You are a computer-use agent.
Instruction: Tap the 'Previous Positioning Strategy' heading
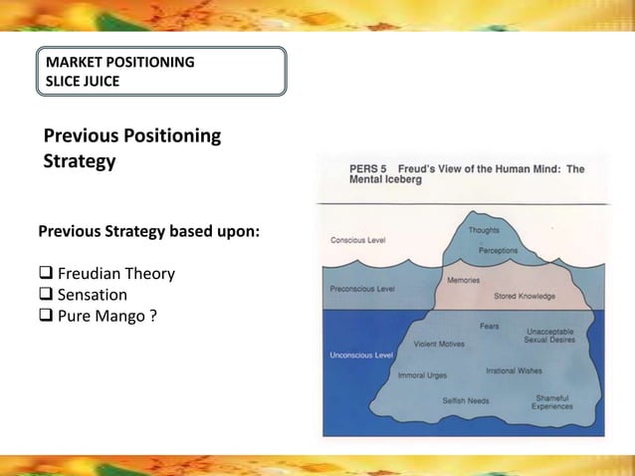(131, 147)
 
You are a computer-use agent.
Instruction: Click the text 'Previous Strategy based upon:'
(149, 232)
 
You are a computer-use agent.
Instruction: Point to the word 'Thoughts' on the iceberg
(485, 231)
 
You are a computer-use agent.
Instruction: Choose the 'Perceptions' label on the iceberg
(498, 250)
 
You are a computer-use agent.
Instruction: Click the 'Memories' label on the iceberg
(464, 280)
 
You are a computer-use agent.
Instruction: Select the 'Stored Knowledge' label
(525, 296)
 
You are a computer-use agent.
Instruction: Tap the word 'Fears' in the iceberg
(490, 325)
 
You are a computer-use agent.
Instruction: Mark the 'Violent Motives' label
(439, 345)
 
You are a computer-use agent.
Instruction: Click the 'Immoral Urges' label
(422, 375)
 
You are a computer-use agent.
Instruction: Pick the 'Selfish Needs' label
(466, 400)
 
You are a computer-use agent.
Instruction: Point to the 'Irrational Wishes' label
(514, 370)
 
